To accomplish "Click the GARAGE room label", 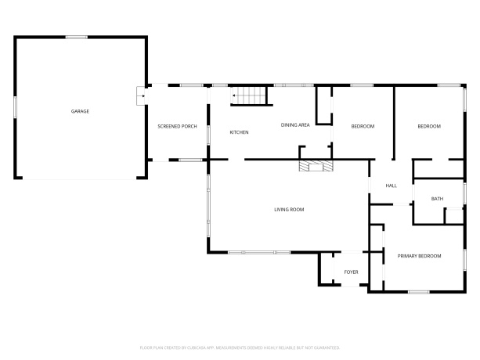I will point(80,111).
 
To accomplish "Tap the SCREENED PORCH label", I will point(177,126).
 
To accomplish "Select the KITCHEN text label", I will point(239,132).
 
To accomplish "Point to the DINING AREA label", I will point(296,124).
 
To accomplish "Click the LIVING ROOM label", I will point(289,209).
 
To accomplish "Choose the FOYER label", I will point(352,272).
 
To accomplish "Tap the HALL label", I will point(392,185).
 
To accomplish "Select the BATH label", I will point(438,199).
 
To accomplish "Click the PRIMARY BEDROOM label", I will point(419,256).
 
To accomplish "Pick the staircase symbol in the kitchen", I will point(249,96).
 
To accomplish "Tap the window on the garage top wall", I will point(77,37).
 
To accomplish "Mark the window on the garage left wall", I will point(16,106).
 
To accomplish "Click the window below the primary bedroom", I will point(418,292).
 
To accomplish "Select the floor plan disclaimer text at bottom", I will point(240,346).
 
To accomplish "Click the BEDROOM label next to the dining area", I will point(363,127).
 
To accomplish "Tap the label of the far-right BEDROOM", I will point(429,127).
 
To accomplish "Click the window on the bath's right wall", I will point(465,193).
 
